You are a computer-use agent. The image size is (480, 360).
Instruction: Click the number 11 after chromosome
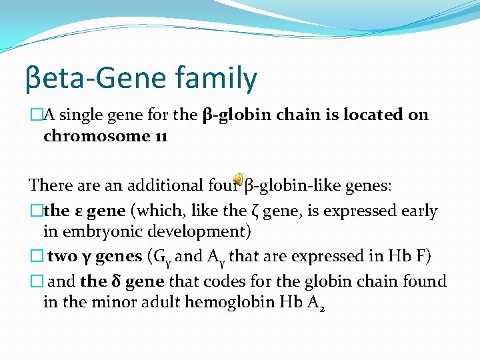click(159, 137)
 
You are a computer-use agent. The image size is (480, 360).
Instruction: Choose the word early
click(415, 211)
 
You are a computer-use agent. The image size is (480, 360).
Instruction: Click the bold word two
click(63, 256)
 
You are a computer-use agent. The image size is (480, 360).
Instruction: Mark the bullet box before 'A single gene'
click(36, 115)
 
